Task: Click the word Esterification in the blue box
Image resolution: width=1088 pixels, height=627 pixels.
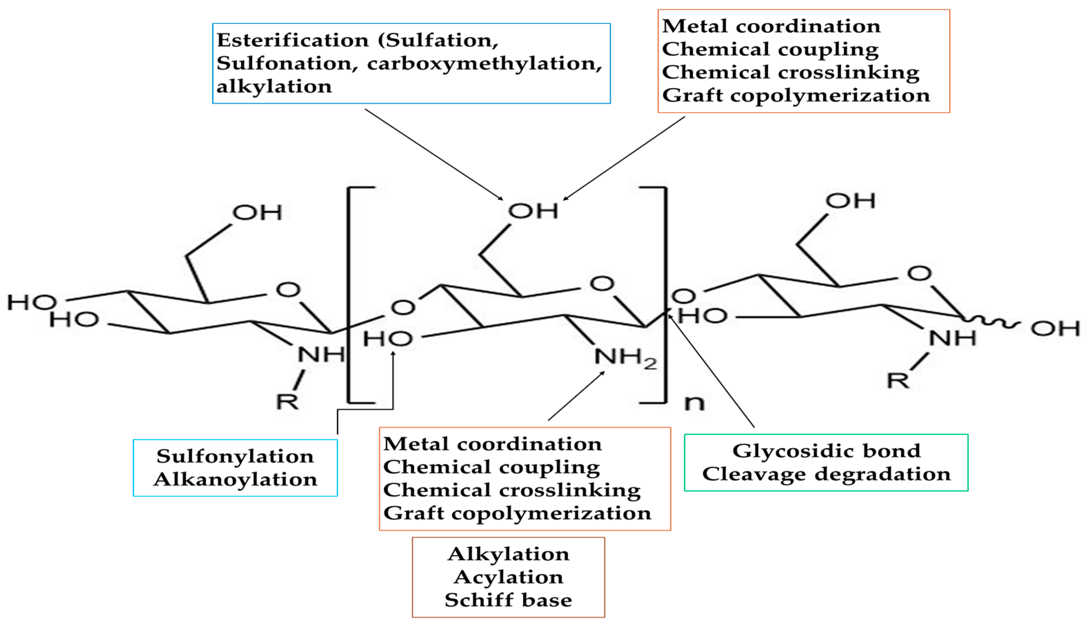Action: [293, 40]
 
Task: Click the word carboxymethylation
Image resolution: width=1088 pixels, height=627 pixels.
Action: [484, 64]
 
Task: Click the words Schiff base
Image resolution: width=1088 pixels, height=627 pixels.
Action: [508, 600]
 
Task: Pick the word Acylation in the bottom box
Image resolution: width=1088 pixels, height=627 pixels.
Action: [508, 577]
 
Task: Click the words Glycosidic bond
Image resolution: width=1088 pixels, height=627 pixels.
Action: [826, 451]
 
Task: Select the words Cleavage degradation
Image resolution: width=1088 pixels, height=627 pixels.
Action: [826, 474]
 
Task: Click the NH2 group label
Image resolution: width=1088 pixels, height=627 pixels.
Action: [625, 357]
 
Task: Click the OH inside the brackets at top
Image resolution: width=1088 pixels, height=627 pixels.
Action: [533, 211]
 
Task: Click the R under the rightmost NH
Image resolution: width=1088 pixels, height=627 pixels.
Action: [898, 381]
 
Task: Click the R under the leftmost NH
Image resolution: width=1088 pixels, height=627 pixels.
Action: [287, 401]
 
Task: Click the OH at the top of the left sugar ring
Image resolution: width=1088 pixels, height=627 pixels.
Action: [257, 212]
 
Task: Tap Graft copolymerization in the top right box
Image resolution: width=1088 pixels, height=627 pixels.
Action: [796, 95]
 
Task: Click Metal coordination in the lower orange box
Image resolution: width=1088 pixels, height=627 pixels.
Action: [492, 444]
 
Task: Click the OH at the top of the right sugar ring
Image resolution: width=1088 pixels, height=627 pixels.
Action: [850, 201]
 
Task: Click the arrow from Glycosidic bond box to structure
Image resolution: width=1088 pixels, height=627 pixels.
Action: [712, 372]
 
